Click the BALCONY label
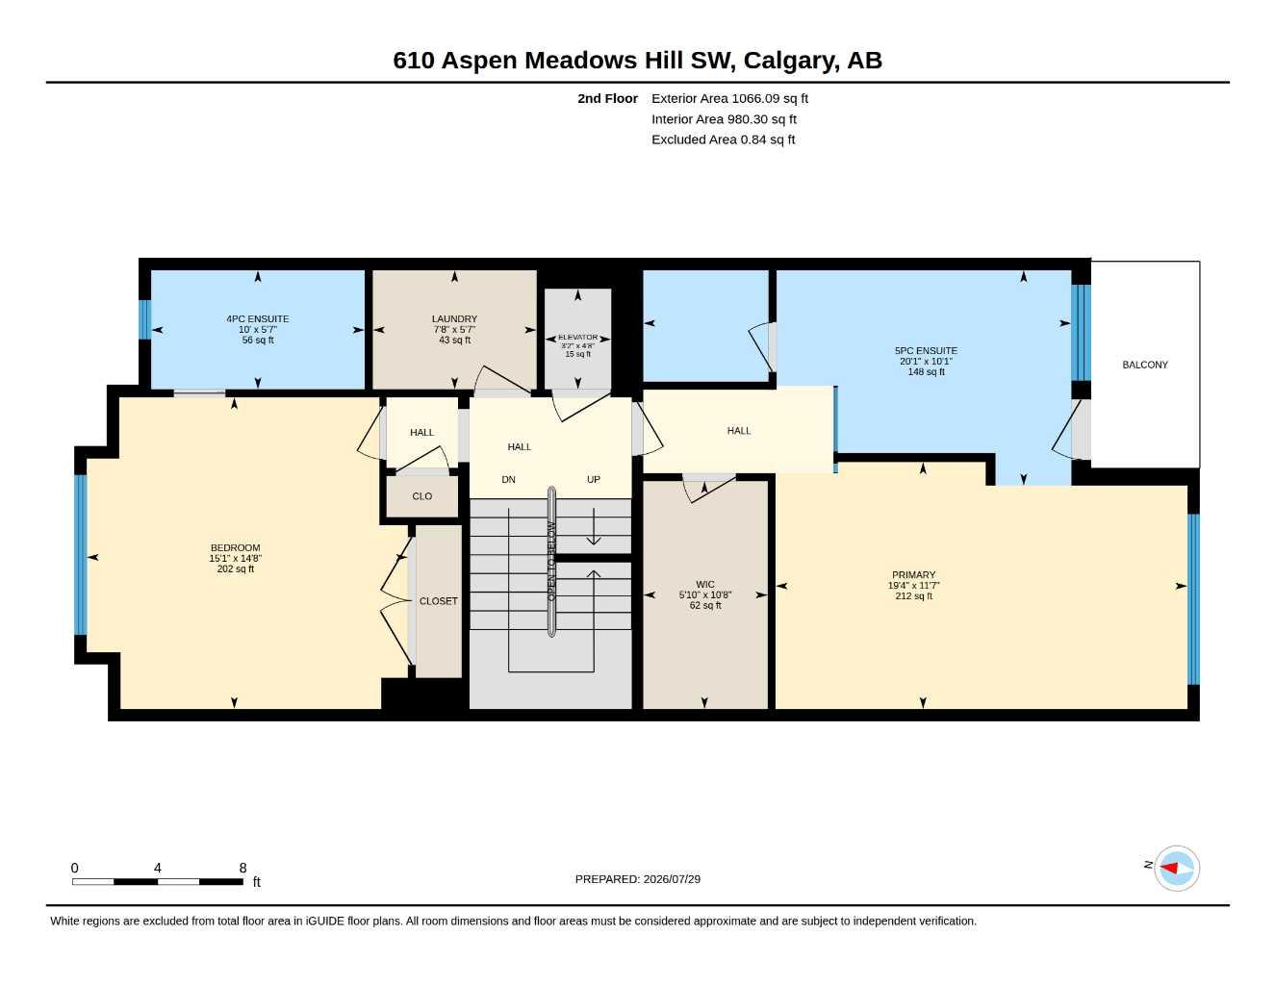coord(1145,365)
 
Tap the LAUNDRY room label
coord(454,319)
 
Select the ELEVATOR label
coord(578,337)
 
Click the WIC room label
coord(704,585)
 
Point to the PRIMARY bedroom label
coord(913,575)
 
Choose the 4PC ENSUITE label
coord(258,319)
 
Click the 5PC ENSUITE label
coord(926,350)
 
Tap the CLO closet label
coord(421,496)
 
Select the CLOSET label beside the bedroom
coord(438,601)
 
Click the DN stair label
coord(508,480)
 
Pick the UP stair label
coord(593,480)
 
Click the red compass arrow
coord(1169,868)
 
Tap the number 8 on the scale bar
coord(242,868)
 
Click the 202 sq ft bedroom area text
coord(236,568)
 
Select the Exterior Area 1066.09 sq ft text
coord(729,98)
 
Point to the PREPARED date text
coord(638,879)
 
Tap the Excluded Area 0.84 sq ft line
coord(723,139)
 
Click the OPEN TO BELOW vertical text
coord(551,562)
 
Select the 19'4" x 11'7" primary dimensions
coord(913,586)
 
